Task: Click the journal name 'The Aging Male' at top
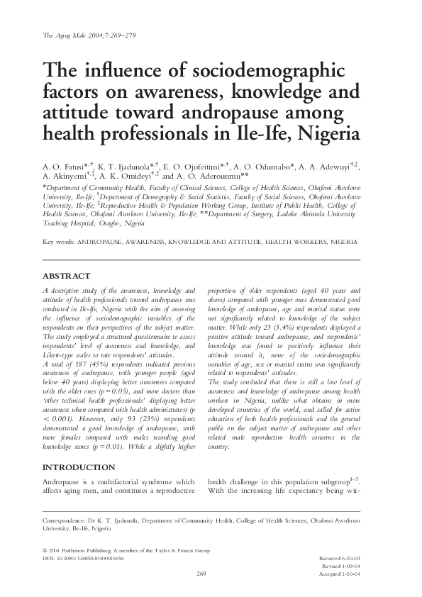(x=67, y=35)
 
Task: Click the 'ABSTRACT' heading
(x=67, y=277)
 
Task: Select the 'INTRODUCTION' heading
(x=78, y=468)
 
